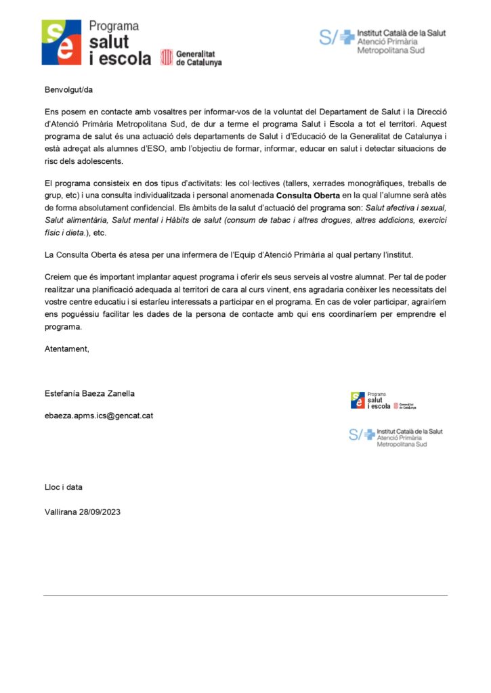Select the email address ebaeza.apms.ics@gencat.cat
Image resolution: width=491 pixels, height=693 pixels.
99,416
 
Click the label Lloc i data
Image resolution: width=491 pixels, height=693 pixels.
64,487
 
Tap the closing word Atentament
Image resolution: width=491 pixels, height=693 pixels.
66,349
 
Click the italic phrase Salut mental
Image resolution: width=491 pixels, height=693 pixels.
144,221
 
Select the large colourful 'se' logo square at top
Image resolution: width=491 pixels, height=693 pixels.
62,42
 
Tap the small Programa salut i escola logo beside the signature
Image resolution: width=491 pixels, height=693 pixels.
383,401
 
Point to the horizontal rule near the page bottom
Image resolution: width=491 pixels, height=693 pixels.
245,595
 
